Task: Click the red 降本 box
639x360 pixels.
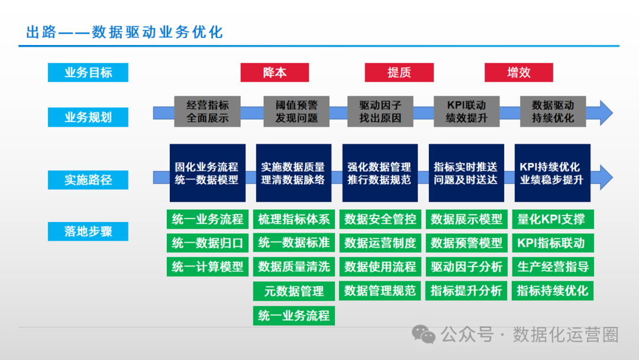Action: (275, 73)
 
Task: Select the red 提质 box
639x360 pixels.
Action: (399, 73)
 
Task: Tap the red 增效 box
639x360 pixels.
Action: (519, 73)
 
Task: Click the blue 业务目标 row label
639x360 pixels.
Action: (88, 73)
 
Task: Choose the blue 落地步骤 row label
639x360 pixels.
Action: (88, 231)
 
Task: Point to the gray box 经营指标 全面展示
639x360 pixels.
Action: (207, 111)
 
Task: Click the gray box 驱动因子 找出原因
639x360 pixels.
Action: (380, 111)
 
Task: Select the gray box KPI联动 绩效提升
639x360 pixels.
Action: (466, 111)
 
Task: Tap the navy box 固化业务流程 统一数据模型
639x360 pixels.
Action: (207, 173)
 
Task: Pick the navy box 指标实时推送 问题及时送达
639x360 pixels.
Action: (466, 173)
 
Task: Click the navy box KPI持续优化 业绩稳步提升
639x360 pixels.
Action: (552, 173)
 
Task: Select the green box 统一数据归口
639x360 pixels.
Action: (207, 243)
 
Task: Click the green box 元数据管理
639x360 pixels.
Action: (293, 291)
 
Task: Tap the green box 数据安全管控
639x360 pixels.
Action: (380, 219)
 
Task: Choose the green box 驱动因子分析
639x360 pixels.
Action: (466, 267)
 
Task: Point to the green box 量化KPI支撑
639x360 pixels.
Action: (552, 219)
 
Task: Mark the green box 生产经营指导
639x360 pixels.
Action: (552, 267)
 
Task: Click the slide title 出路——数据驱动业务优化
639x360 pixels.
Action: (124, 32)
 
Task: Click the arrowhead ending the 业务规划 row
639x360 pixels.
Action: (605, 112)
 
